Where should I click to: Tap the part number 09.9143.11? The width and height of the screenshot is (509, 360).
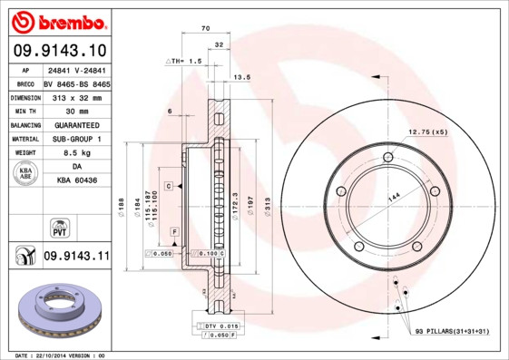tap(76, 258)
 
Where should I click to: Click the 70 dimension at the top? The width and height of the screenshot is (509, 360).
tap(205, 29)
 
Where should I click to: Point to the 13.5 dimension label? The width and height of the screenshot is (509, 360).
tap(241, 77)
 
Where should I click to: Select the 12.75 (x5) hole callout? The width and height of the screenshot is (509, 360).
tap(428, 132)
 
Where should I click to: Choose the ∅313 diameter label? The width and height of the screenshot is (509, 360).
tap(267, 211)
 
